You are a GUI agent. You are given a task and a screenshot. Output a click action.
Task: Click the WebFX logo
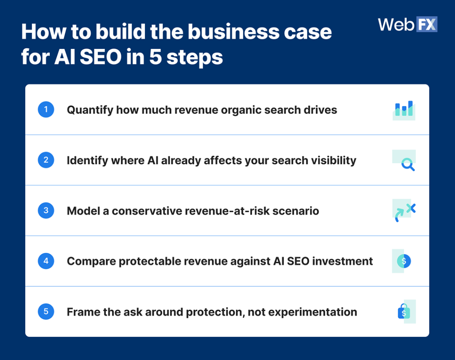click(407, 24)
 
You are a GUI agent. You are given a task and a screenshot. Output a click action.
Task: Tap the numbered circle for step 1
click(46, 109)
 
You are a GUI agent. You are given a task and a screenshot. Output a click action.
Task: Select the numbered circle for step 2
click(46, 160)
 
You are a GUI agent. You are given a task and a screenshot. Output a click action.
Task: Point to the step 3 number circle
click(46, 210)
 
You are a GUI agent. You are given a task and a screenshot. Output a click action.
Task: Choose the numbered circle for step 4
click(46, 261)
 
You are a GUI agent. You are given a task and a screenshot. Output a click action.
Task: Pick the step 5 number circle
click(46, 312)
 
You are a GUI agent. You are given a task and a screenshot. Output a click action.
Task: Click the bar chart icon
click(404, 109)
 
